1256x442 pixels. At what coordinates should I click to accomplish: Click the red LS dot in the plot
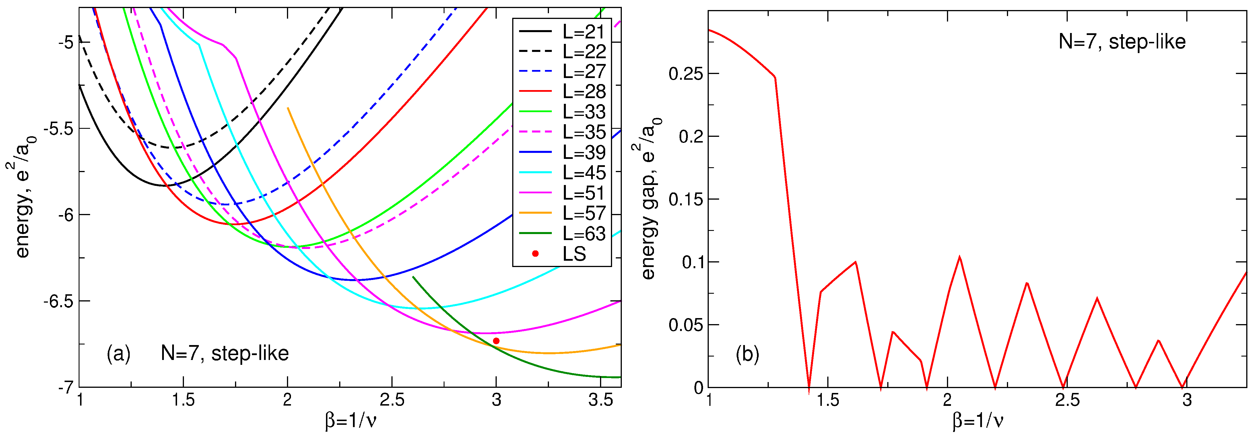click(496, 341)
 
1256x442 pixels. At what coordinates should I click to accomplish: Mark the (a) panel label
click(119, 353)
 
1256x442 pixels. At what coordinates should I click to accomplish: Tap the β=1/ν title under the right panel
click(978, 420)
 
